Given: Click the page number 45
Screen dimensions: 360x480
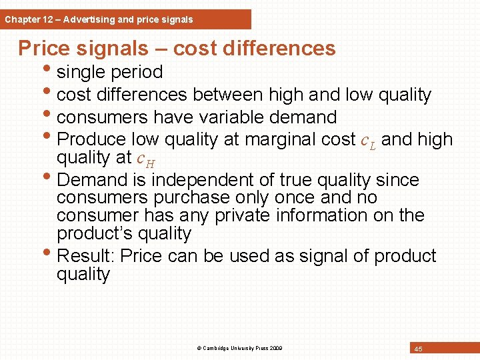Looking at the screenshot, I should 418,349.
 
